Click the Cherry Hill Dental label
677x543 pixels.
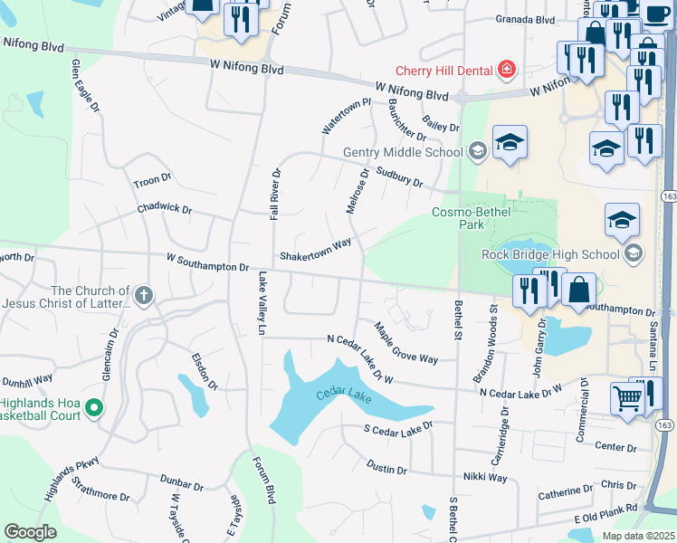(443, 71)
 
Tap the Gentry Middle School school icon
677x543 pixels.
(477, 152)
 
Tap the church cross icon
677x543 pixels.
(144, 294)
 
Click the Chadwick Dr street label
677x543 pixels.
(165, 208)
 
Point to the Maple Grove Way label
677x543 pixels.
(405, 343)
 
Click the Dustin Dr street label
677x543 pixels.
(390, 466)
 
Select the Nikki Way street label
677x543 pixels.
(485, 477)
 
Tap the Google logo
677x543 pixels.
(30, 532)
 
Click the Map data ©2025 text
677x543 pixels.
(638, 536)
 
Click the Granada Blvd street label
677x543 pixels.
(525, 19)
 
